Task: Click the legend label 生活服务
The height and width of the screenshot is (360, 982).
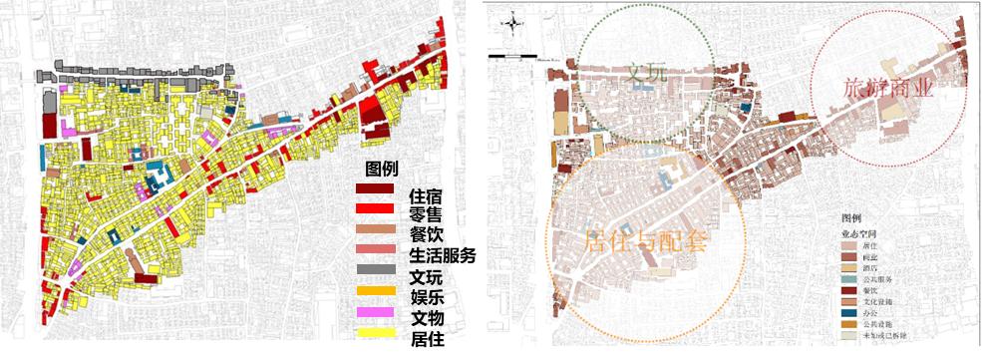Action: (x=443, y=255)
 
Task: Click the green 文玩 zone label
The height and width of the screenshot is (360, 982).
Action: (x=646, y=77)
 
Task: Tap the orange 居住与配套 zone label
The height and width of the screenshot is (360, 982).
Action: (x=646, y=240)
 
